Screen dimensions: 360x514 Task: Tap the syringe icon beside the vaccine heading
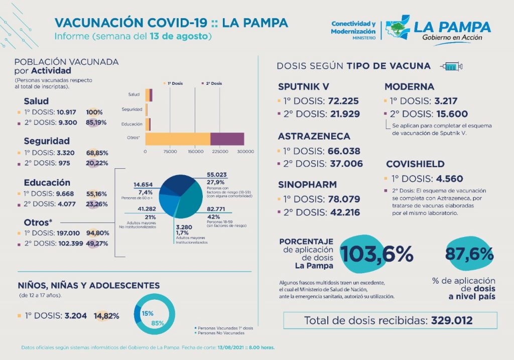coord(451,66)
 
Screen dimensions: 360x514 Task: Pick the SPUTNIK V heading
coord(304,86)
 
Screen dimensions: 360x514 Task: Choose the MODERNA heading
coord(409,86)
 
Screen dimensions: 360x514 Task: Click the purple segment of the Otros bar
coord(227,139)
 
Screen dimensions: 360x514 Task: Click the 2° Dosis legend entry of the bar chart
coord(211,83)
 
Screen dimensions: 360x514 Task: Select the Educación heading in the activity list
coord(47,183)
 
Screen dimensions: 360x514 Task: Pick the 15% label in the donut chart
coord(147,313)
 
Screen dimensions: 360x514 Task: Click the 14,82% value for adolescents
coord(106,316)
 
